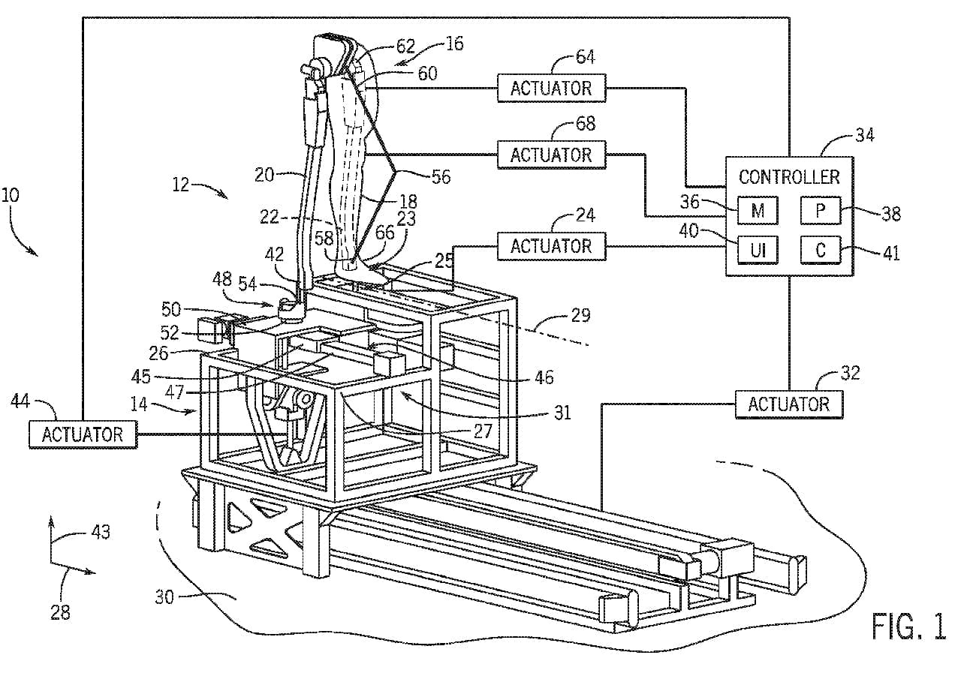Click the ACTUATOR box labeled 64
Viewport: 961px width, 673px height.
click(551, 88)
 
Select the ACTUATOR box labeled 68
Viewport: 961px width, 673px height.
click(551, 155)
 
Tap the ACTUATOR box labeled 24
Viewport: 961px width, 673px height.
click(551, 246)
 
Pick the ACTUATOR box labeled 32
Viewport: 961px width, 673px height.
click(788, 404)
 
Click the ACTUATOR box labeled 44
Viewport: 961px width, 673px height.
click(83, 434)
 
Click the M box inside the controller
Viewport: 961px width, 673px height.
click(758, 211)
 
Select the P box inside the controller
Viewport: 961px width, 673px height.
click(820, 211)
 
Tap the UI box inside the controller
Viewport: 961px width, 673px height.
click(758, 250)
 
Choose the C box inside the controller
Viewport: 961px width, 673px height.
click(820, 250)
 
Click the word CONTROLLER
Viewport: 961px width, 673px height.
click(789, 178)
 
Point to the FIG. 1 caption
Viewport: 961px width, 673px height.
click(908, 626)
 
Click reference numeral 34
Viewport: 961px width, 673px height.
click(864, 136)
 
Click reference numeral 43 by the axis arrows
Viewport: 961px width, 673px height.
click(100, 532)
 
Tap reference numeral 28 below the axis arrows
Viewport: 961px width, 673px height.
click(60, 611)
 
